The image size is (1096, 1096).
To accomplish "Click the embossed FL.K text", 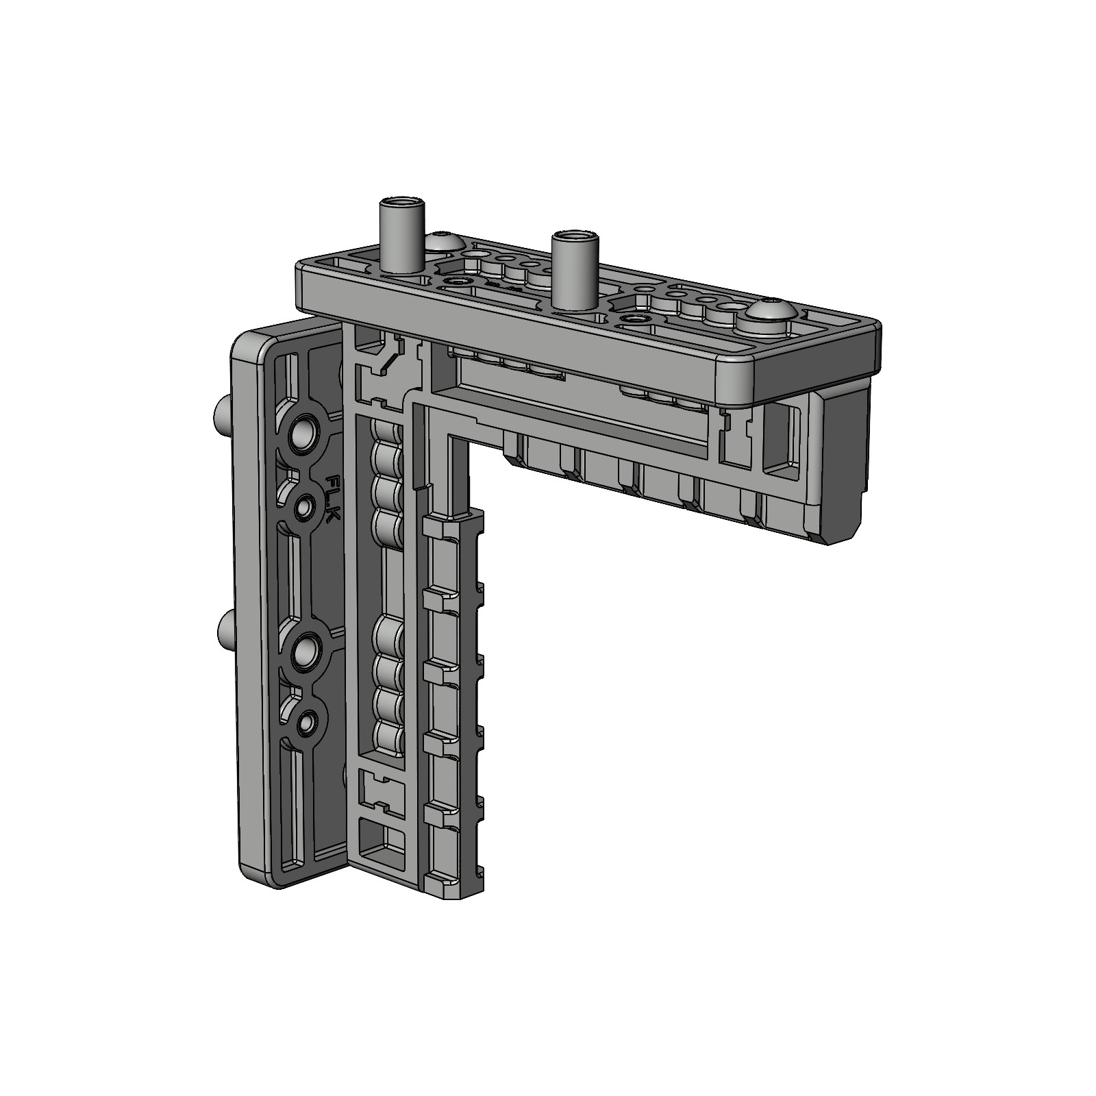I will click(x=332, y=499).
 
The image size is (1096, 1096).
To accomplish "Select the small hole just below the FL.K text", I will click(x=303, y=508).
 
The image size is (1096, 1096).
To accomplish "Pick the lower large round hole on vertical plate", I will click(x=303, y=653).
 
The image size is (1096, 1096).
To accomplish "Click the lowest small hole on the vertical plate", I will click(x=307, y=721).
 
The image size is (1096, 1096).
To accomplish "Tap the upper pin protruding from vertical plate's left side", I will click(x=222, y=415).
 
